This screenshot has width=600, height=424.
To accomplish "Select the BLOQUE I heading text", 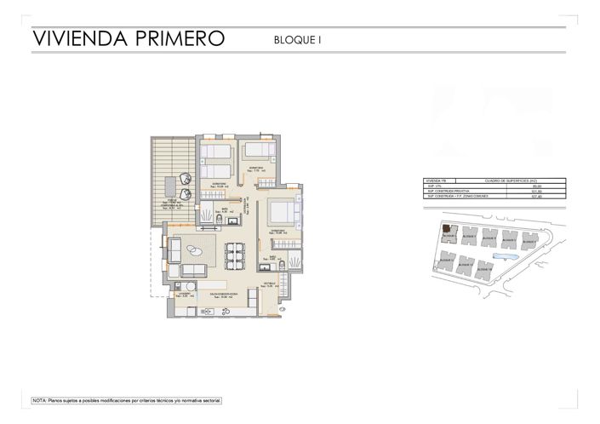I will coord(297,39).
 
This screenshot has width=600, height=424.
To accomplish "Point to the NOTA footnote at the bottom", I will coord(126,399).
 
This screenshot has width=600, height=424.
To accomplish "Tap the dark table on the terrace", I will coord(183,182).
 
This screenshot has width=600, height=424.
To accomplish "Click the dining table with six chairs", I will coord(235,255).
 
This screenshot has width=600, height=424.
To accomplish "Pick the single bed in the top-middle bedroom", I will coord(257,151).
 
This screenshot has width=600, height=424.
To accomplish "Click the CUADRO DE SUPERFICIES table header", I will coord(506,180).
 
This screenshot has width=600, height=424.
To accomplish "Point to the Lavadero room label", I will coord(185,294).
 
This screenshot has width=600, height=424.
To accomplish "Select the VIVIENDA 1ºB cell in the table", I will coord(436,180).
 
